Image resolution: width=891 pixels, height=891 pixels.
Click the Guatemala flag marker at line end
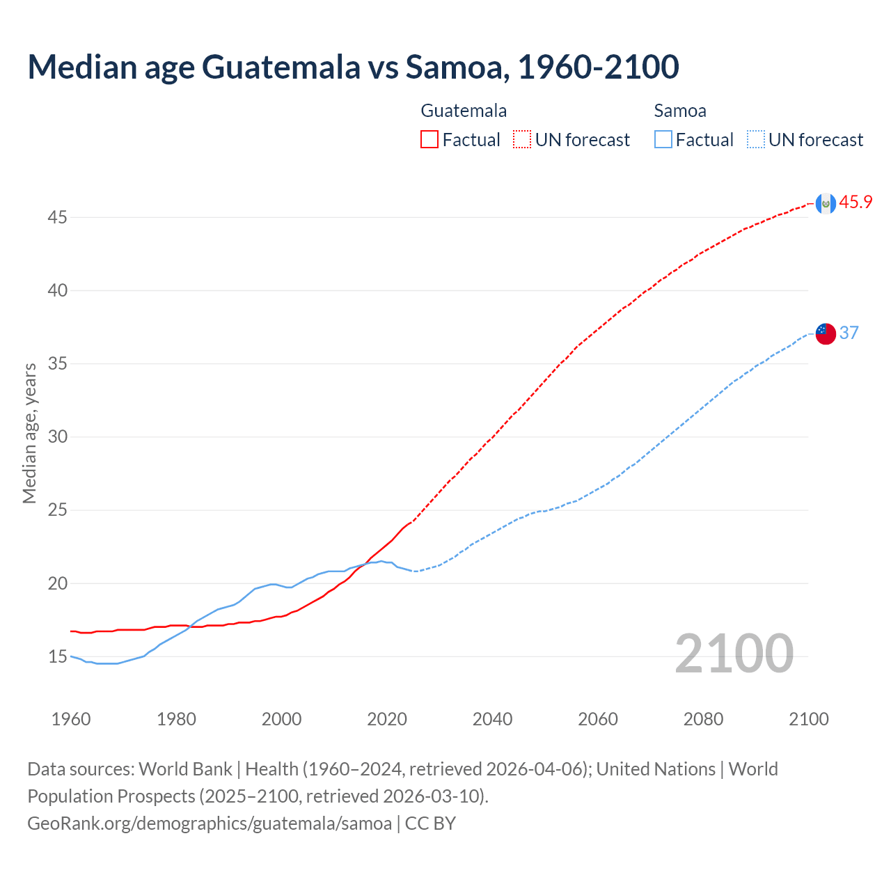(826, 203)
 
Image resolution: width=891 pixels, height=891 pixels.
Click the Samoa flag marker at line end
(826, 333)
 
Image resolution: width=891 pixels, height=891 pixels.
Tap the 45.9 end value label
(855, 203)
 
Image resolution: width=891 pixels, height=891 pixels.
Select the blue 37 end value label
(849, 333)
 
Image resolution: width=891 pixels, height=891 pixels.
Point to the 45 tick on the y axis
(57, 218)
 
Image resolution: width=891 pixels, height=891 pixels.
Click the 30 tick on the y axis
(57, 437)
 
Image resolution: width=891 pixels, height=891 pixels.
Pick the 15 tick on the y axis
(57, 657)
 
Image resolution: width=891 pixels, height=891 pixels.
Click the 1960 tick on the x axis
(71, 719)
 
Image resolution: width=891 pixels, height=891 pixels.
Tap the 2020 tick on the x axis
(387, 719)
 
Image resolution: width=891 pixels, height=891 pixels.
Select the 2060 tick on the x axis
(598, 719)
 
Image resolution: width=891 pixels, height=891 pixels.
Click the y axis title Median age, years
(29, 433)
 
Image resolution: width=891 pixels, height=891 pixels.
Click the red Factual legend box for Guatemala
(429, 140)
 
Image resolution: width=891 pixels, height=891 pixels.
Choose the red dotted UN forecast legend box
(522, 140)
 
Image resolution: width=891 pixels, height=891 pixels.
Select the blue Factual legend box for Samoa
(663, 140)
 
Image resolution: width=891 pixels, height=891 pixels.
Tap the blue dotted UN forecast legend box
(756, 140)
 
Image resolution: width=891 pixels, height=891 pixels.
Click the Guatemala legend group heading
(464, 111)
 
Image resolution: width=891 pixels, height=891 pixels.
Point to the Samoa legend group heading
(680, 111)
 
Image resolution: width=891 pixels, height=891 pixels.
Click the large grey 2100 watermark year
(734, 654)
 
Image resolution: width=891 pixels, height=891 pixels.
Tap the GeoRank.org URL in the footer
(210, 823)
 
